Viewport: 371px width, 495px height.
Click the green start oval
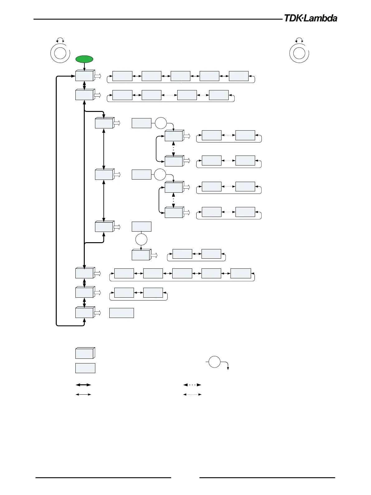pyautogui.click(x=84, y=59)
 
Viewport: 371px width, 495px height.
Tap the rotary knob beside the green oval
pyautogui.click(x=60, y=53)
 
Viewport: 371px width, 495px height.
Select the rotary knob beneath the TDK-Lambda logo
pyautogui.click(x=299, y=53)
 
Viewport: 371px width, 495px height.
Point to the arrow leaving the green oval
pyautogui.click(x=84, y=67)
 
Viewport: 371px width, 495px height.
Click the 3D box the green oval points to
pyautogui.click(x=84, y=76)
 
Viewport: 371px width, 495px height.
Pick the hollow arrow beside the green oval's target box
pyautogui.click(x=98, y=76)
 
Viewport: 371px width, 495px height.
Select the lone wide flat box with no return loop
pyautogui.click(x=121, y=313)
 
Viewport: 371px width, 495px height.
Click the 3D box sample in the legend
pyautogui.click(x=85, y=353)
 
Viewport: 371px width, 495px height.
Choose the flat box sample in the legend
pyautogui.click(x=85, y=368)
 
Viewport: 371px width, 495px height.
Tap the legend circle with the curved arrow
pyautogui.click(x=214, y=362)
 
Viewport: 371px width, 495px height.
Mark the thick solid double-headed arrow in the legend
pyautogui.click(x=83, y=385)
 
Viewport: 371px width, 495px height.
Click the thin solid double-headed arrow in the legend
pyautogui.click(x=83, y=395)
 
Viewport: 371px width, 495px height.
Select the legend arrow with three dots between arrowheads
pyautogui.click(x=192, y=385)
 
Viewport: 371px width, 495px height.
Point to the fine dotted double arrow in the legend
pyautogui.click(x=192, y=395)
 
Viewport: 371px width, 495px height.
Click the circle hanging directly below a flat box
pyautogui.click(x=141, y=239)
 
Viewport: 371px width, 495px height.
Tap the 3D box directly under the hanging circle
pyautogui.click(x=141, y=255)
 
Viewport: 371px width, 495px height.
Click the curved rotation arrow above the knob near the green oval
pyautogui.click(x=60, y=40)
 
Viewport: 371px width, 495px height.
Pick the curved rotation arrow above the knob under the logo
pyautogui.click(x=299, y=40)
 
